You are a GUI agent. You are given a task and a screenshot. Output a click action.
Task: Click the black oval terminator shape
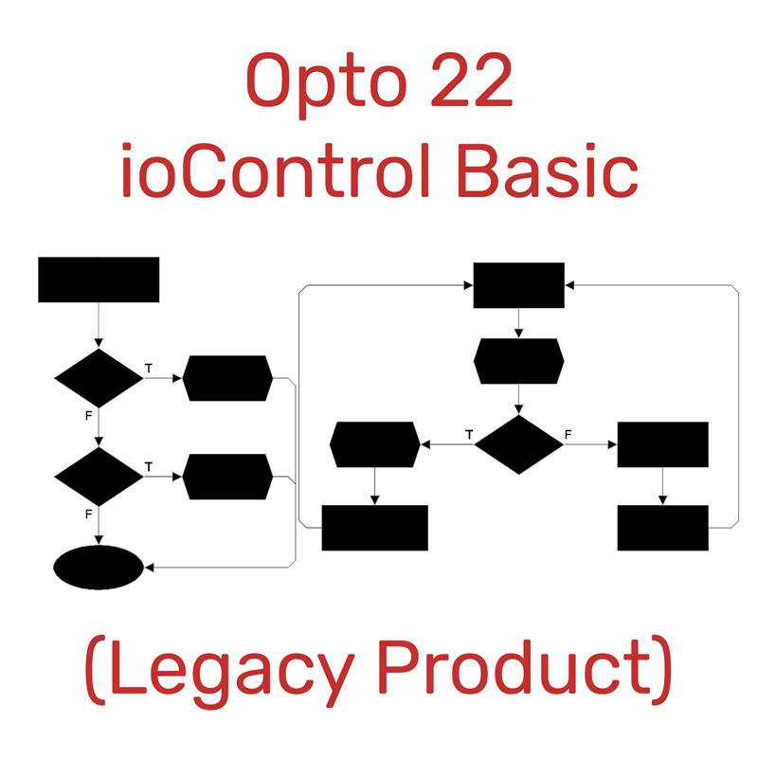click(99, 568)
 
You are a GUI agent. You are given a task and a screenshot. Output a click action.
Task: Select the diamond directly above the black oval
click(99, 477)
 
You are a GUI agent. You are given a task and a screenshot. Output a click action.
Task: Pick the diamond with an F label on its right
click(518, 443)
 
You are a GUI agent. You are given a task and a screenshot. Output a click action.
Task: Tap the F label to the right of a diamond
click(568, 434)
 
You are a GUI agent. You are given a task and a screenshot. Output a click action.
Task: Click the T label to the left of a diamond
click(469, 434)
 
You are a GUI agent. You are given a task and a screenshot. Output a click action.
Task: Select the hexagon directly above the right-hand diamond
click(518, 360)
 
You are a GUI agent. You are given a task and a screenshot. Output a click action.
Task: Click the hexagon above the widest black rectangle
click(375, 443)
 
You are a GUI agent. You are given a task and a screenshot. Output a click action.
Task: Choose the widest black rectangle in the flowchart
click(375, 528)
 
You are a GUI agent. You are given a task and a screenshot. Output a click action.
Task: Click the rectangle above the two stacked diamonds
click(99, 280)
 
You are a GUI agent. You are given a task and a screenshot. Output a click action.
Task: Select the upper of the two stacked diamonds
click(99, 378)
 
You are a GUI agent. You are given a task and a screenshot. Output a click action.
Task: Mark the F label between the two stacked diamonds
click(88, 415)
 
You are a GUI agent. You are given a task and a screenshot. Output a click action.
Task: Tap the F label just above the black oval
click(88, 514)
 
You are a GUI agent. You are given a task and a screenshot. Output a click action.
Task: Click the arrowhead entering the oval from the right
click(149, 568)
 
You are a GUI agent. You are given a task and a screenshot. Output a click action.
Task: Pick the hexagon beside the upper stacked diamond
click(227, 378)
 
